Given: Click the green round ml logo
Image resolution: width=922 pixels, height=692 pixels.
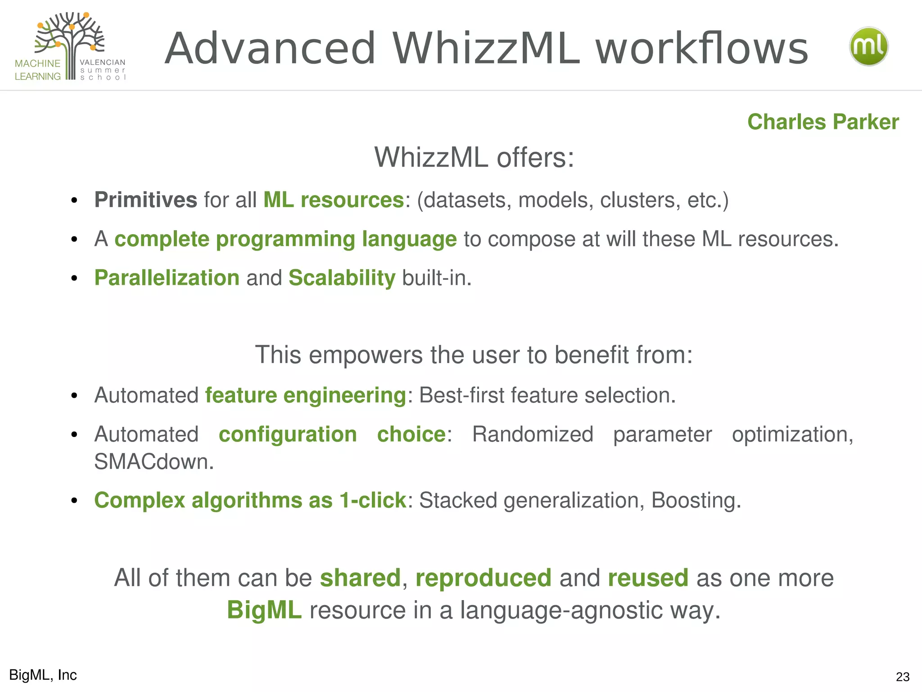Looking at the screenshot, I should tap(868, 46).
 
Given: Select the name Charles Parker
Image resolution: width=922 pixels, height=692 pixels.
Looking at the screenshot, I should tap(823, 122).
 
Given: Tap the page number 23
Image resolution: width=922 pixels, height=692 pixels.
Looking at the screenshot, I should tap(902, 677).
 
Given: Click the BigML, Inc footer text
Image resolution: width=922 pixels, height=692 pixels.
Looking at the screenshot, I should tap(43, 675).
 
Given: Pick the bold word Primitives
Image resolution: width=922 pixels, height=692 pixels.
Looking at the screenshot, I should tap(145, 200).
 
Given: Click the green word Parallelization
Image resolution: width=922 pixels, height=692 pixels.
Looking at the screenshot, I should tap(167, 278).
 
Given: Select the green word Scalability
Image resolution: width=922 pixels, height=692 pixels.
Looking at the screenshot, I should tap(342, 278).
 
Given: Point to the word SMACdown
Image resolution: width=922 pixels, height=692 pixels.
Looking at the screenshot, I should tap(154, 461).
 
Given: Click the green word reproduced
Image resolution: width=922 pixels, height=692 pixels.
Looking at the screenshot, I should tap(483, 578).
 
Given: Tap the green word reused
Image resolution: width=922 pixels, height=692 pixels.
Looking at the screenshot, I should tap(648, 578).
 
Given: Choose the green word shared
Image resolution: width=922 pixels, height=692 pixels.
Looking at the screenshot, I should tap(360, 578).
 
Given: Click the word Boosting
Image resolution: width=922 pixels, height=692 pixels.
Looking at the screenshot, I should tap(696, 500).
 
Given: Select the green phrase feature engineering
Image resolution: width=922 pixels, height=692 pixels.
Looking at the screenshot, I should tap(306, 395).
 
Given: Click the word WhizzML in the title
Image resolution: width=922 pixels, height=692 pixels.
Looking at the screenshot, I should tap(486, 48).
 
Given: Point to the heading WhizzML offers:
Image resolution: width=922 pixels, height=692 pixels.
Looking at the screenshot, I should tap(474, 157).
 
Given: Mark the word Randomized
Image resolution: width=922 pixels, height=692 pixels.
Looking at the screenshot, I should tap(533, 434).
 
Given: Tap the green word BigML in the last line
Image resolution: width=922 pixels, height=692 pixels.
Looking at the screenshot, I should tap(264, 610).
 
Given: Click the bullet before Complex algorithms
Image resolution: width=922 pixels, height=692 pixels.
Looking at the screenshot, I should tap(75, 501).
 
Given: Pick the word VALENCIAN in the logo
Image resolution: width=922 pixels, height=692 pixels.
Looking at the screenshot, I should tap(102, 63).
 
